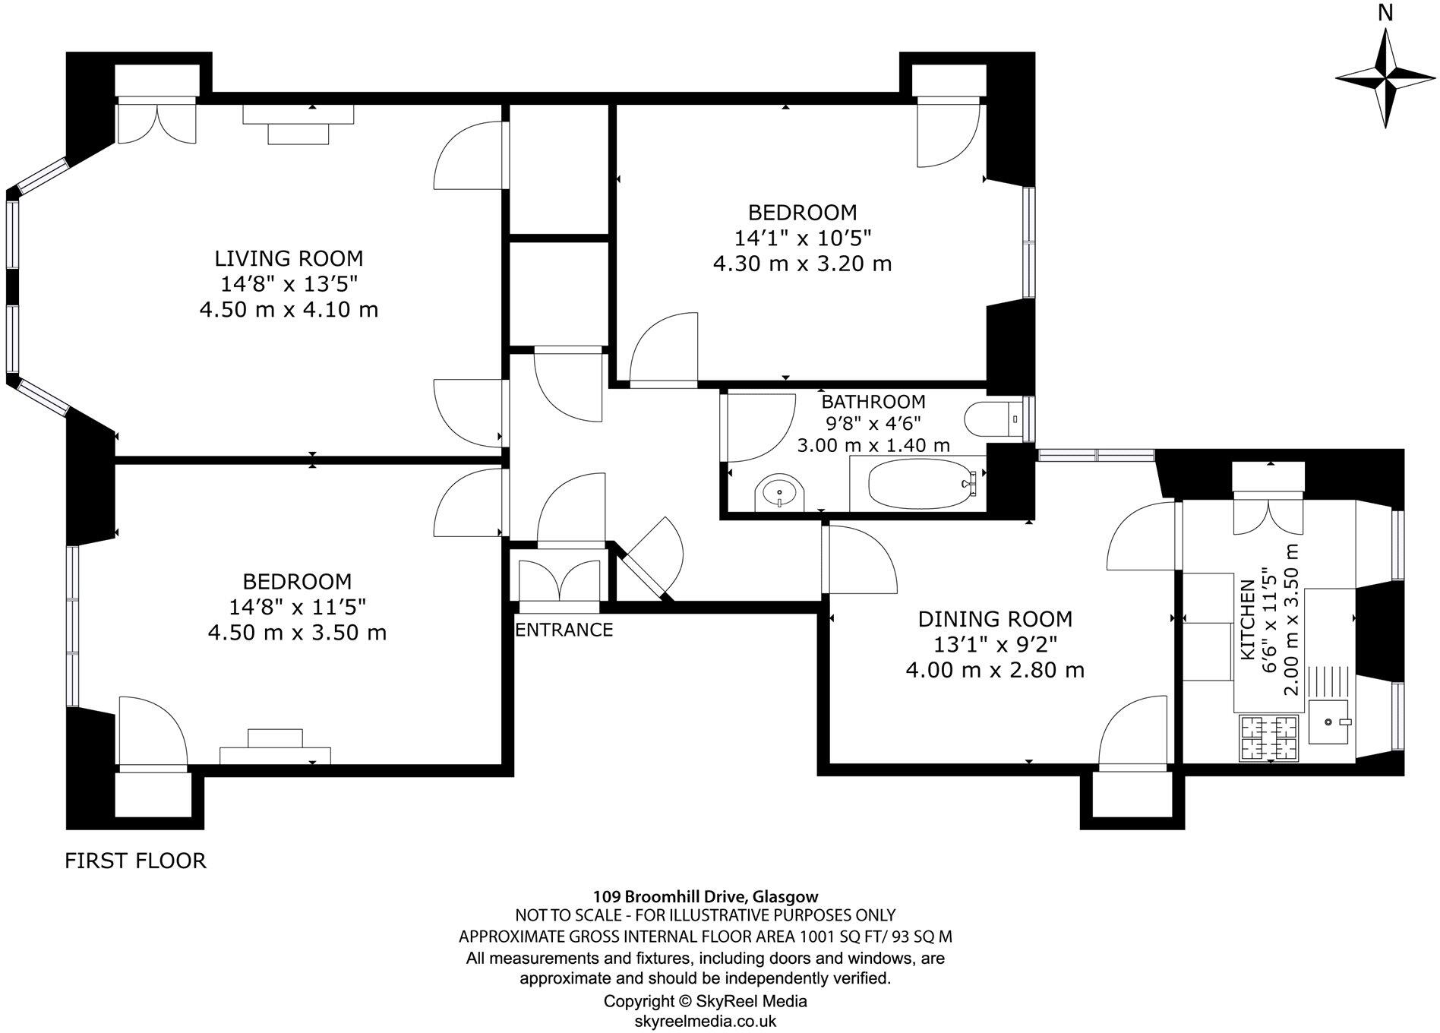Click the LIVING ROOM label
[289, 258]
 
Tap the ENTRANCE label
[564, 630]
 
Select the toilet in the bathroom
[993, 419]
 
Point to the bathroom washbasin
[778, 494]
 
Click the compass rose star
[1386, 79]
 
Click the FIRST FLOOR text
[135, 861]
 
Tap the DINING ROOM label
[995, 619]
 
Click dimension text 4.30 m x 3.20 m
[802, 264]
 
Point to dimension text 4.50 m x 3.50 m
[297, 632]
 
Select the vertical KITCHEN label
[1247, 620]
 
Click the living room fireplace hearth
[298, 134]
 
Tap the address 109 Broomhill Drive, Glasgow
[705, 896]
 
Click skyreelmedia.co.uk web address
[705, 1022]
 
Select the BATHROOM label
[873, 401]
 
